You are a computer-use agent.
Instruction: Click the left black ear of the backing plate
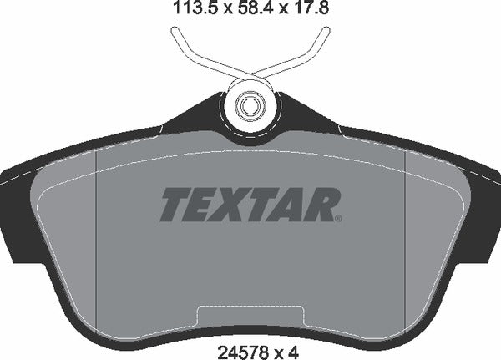tap(17, 209)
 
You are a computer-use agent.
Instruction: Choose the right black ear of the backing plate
tap(484, 209)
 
